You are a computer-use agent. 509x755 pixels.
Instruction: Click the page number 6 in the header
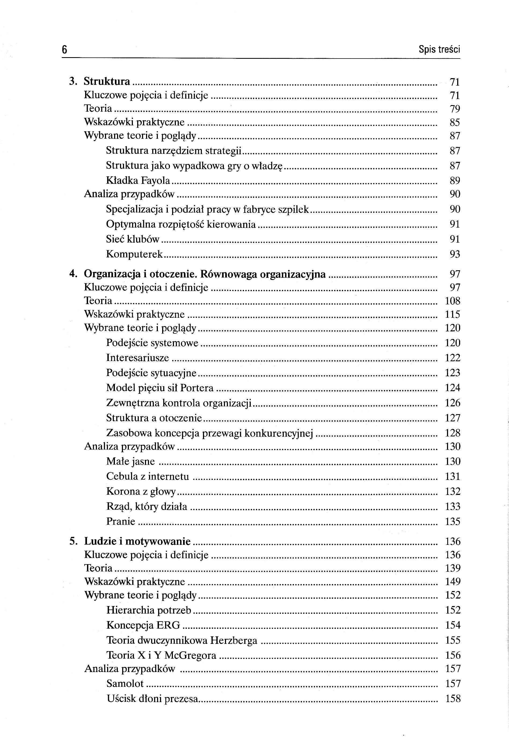click(64, 50)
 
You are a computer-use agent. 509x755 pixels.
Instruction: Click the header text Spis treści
click(439, 50)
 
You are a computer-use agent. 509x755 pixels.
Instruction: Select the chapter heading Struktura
click(107, 81)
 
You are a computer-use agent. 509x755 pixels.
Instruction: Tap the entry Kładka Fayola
click(138, 180)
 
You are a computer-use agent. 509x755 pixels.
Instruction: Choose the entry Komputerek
click(134, 254)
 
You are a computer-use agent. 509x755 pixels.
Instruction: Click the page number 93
click(455, 254)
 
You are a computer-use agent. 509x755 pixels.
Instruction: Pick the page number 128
click(453, 433)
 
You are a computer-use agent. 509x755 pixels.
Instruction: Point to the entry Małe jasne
click(130, 461)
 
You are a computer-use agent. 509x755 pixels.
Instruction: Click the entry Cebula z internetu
click(147, 477)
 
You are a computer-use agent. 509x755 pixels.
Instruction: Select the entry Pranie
click(121, 521)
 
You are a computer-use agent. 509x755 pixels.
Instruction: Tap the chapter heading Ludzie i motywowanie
click(137, 542)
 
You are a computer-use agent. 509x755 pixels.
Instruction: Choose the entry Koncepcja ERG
click(143, 625)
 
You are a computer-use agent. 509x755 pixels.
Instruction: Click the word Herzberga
click(233, 640)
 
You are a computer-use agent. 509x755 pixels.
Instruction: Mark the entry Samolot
click(125, 684)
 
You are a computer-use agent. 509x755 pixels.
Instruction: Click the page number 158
click(453, 699)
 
